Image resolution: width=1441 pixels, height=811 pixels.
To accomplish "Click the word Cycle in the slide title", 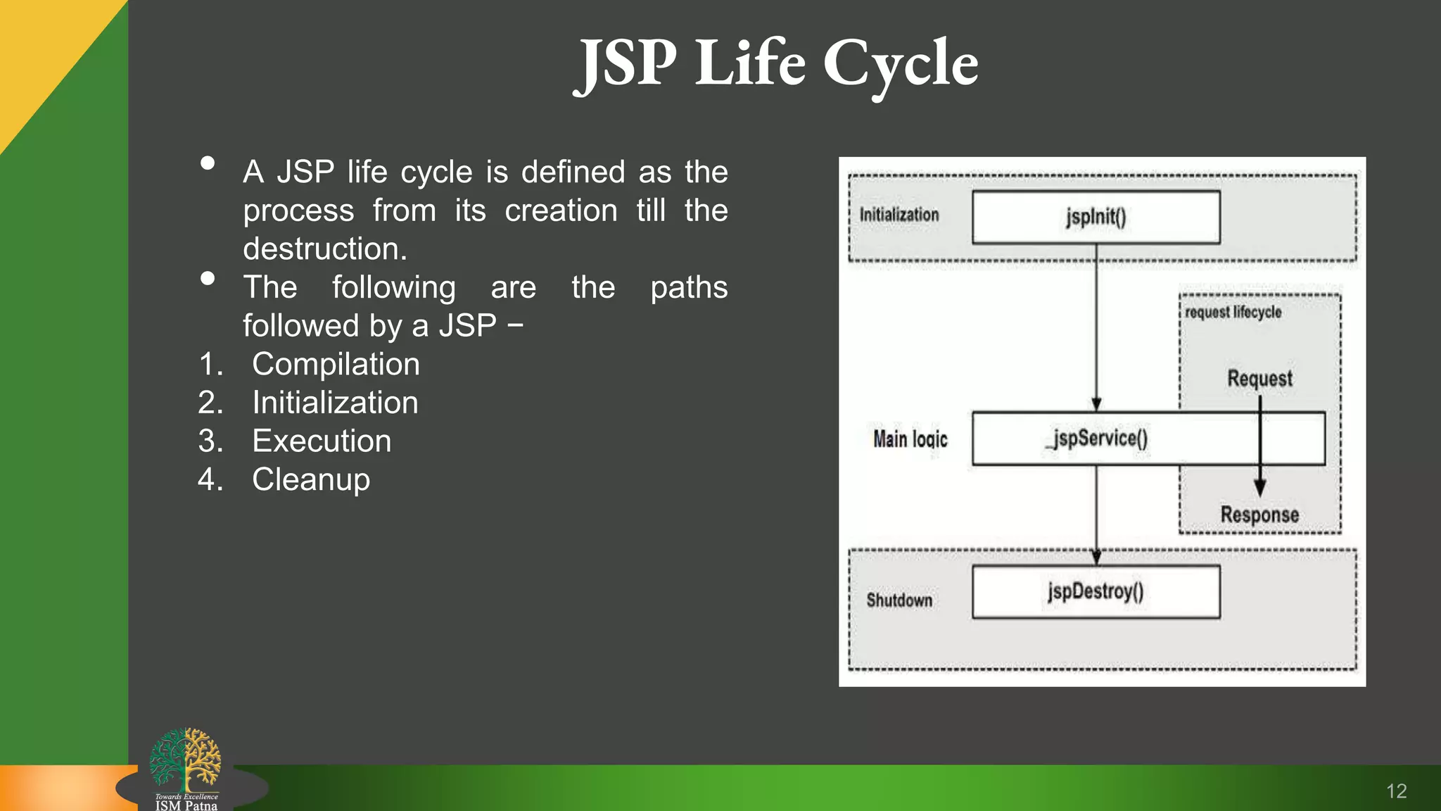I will click(x=900, y=65).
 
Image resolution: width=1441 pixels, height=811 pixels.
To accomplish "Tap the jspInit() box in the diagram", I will click(x=1096, y=218).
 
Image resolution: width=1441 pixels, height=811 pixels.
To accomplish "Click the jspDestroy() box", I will click(x=1096, y=592).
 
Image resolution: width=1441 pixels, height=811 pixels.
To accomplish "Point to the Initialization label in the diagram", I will click(x=899, y=215).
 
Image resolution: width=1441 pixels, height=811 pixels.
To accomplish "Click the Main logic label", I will click(x=910, y=439).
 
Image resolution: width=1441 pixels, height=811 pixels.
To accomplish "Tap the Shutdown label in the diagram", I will click(x=899, y=601).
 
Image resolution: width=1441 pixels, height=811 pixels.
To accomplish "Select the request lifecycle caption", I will click(x=1233, y=312).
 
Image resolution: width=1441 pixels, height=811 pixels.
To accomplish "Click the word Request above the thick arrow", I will click(x=1259, y=379).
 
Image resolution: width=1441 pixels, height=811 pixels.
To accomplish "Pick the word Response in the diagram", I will click(x=1259, y=515).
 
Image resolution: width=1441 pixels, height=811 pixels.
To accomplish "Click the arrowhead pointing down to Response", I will click(x=1259, y=487).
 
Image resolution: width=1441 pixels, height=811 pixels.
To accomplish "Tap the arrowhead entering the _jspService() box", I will click(x=1096, y=404).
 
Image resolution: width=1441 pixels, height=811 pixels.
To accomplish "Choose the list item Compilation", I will click(x=336, y=365).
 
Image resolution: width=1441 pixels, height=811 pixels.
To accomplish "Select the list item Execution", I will click(x=322, y=441).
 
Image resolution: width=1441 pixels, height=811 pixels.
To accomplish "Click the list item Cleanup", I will click(x=311, y=480).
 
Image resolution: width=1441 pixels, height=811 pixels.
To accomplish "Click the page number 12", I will click(x=1396, y=791).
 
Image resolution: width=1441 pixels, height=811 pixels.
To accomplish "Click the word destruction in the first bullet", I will click(x=324, y=249).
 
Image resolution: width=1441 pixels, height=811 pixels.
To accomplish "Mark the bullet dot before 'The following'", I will click(x=208, y=279).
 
